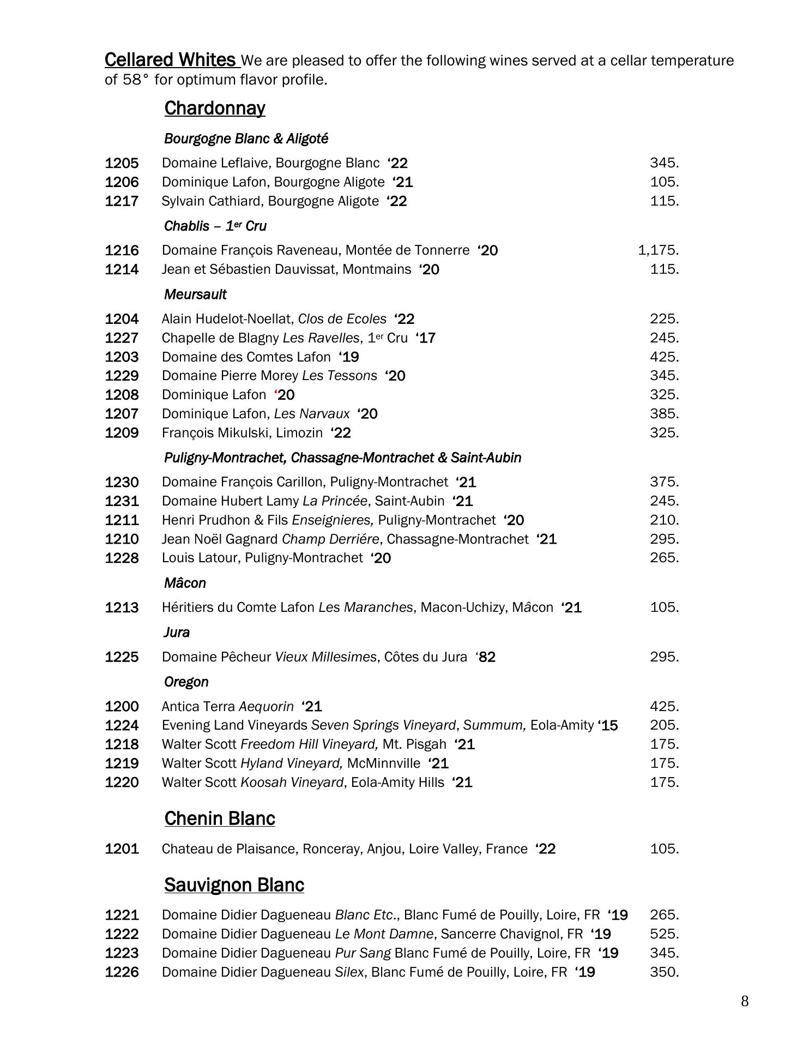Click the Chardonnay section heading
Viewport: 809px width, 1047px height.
(215, 109)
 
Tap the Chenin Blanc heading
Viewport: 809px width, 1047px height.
(220, 819)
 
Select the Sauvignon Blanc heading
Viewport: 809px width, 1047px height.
(234, 884)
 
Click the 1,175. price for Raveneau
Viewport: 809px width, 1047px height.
(658, 250)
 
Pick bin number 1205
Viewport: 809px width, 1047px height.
(122, 163)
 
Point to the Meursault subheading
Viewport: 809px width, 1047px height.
(195, 294)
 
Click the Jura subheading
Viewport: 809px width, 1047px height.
(177, 632)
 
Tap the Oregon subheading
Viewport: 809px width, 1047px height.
(186, 682)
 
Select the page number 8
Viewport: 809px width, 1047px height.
(745, 1001)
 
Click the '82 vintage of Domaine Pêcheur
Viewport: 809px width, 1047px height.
(485, 657)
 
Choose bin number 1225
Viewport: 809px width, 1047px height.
(122, 657)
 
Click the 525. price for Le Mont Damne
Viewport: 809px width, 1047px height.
(664, 934)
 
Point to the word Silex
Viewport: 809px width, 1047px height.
(349, 972)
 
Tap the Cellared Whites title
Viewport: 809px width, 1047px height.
(170, 59)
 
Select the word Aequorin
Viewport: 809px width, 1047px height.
(266, 706)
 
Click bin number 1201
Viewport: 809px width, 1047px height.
(122, 849)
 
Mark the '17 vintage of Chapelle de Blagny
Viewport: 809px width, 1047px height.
(425, 338)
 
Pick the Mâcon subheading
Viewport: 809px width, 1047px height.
(185, 583)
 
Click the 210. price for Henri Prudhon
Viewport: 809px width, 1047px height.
(664, 520)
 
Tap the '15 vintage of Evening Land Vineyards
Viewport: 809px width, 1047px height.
(608, 725)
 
